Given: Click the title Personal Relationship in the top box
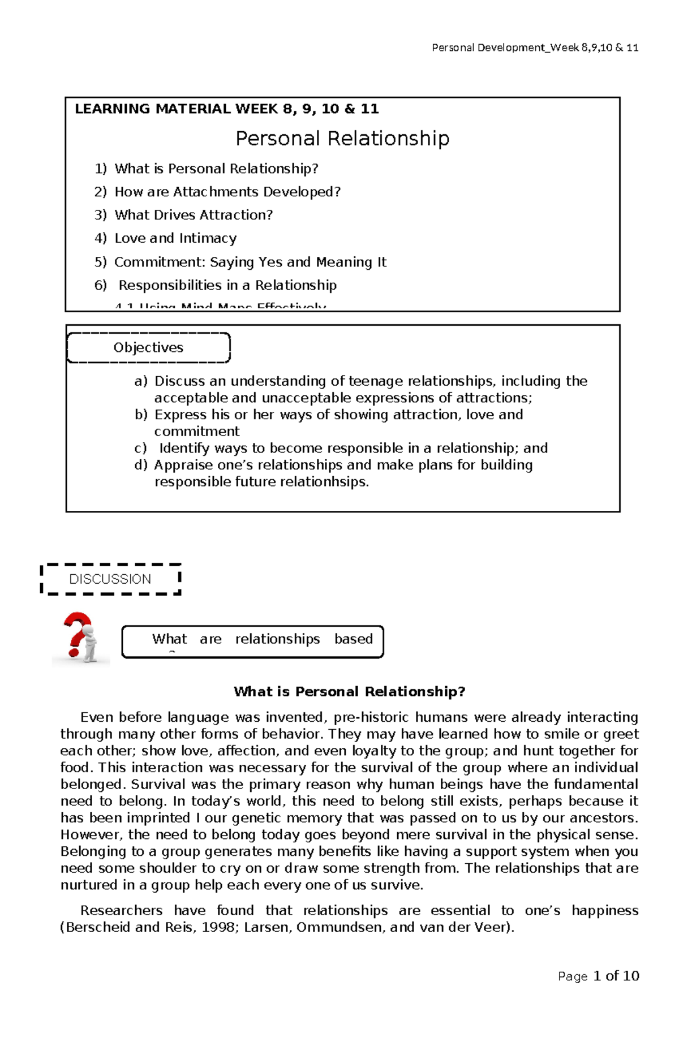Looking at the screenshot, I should [342, 139].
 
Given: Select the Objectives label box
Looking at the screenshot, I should [148, 347].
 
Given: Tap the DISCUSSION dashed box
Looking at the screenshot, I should [110, 579].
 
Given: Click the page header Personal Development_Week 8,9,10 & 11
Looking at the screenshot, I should [535, 48].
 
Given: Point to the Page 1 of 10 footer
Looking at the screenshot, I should [598, 976].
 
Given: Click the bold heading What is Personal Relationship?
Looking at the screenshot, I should [349, 691].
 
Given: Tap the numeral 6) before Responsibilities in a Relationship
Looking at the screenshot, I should [100, 285].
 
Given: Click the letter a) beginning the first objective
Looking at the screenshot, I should [140, 381].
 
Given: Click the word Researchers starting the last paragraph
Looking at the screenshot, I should [121, 910].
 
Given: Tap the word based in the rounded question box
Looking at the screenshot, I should [353, 639].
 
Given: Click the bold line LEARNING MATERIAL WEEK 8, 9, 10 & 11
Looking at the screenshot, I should [227, 109].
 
